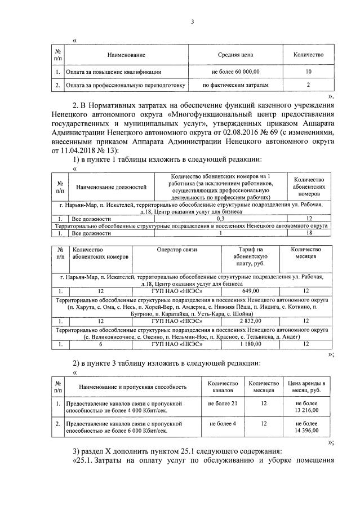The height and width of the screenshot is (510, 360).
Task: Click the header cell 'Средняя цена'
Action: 235,55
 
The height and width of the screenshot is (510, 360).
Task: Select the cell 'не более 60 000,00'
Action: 235,72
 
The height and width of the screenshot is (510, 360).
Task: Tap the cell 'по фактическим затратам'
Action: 235,85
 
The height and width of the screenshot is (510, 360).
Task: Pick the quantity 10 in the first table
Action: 308,72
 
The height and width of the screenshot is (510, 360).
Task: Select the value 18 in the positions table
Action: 308,233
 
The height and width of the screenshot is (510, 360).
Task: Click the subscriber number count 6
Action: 101,343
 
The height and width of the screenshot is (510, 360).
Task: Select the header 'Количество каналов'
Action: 223,386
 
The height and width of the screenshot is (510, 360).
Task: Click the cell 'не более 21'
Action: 223,405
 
